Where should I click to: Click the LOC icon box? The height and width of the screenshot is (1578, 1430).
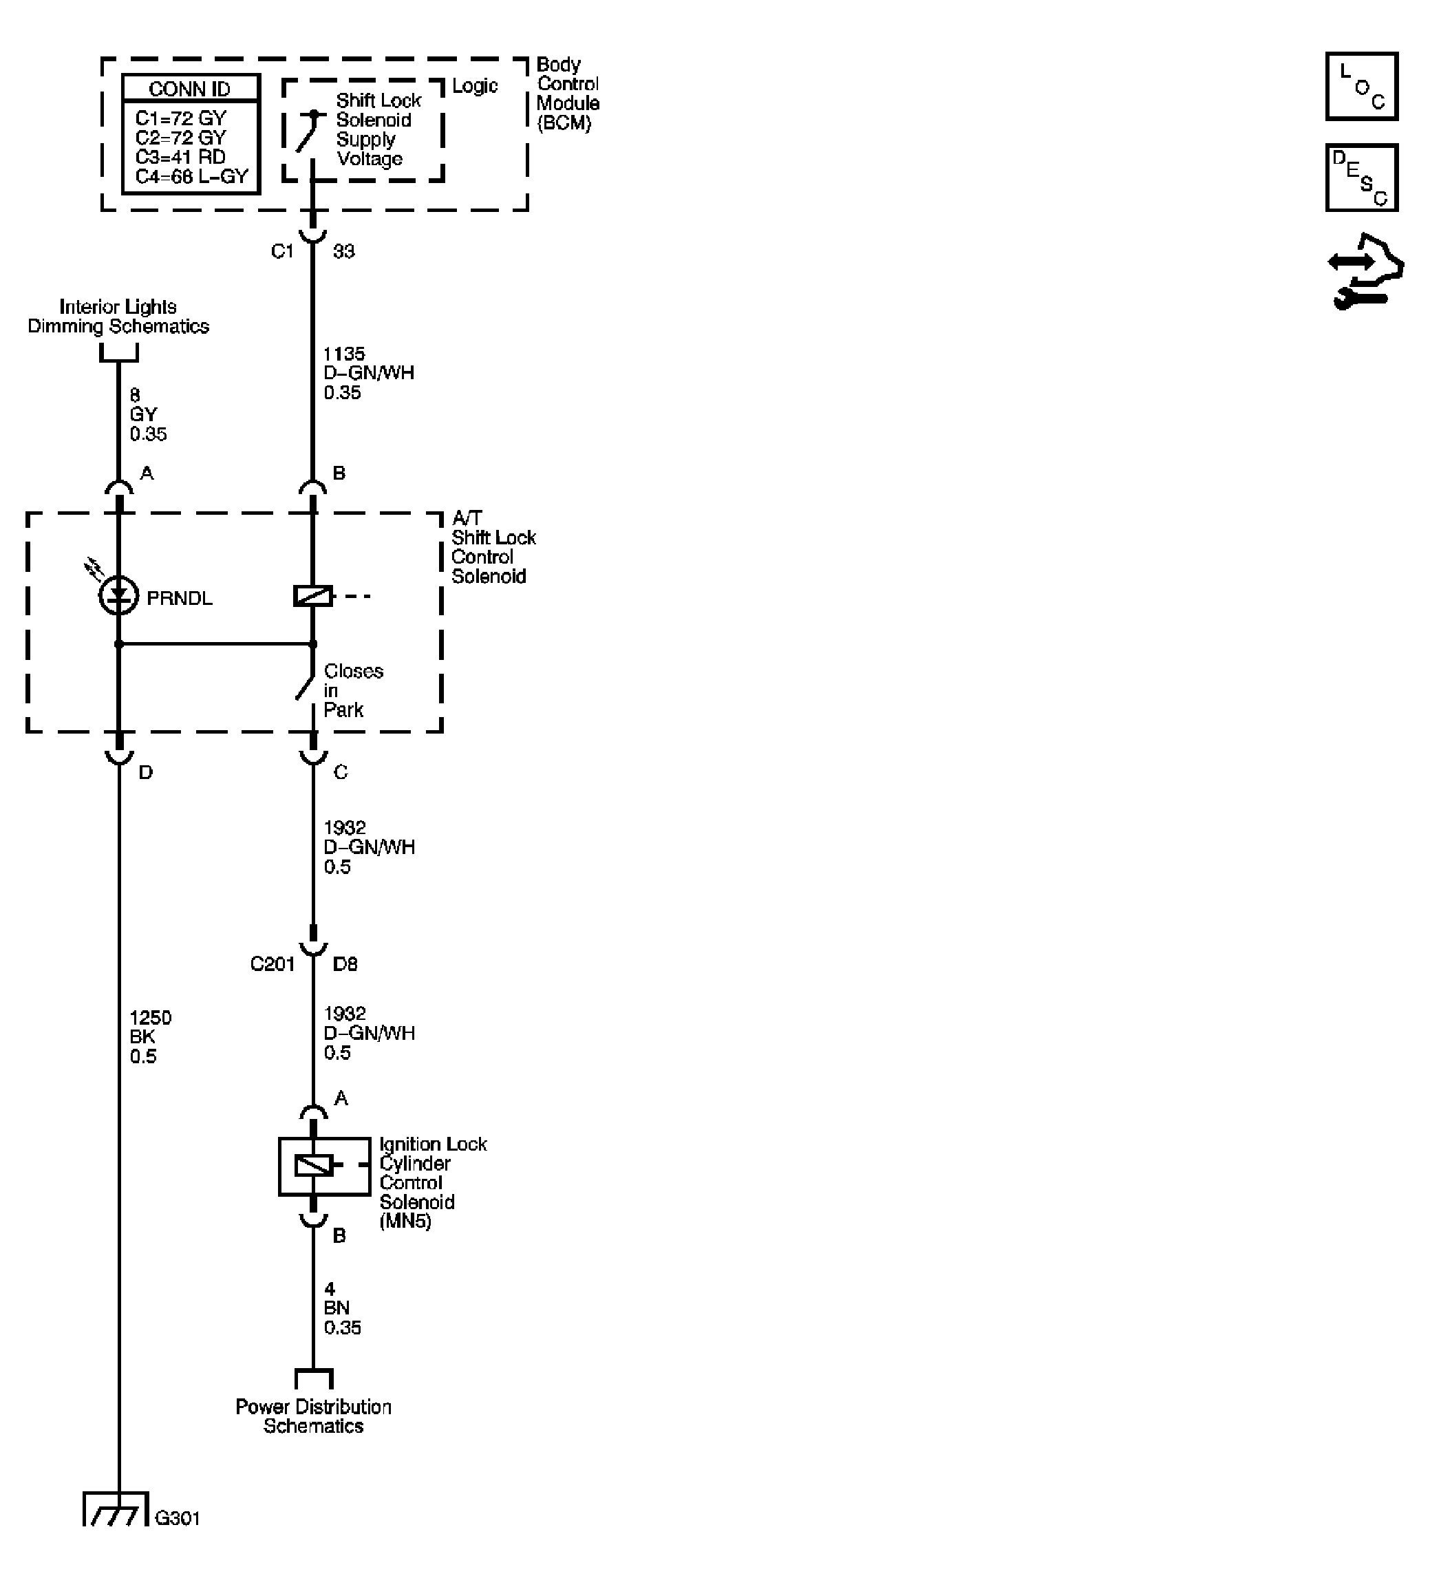point(1361,86)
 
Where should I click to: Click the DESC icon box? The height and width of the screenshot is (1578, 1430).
point(1361,178)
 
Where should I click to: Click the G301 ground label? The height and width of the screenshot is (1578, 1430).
point(178,1519)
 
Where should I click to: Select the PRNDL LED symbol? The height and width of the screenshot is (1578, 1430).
point(119,597)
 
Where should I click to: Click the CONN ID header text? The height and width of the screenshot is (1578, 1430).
point(189,89)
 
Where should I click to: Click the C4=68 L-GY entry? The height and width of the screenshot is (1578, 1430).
point(191,177)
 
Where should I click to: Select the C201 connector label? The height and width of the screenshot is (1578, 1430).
point(272,964)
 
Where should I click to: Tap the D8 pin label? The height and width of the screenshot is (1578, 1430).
point(345,964)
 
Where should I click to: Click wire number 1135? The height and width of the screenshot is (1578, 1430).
point(343,354)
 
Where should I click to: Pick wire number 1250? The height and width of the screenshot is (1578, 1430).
point(150,1018)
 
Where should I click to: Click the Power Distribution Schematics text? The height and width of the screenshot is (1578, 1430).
point(313,1416)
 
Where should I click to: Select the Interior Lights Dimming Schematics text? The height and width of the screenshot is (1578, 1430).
point(118,317)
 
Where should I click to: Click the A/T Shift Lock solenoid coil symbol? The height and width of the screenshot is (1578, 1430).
point(313,597)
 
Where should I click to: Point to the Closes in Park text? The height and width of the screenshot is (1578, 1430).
point(352,690)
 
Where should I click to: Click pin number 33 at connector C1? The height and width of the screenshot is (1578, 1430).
point(343,251)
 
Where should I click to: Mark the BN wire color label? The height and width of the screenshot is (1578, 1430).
point(337,1308)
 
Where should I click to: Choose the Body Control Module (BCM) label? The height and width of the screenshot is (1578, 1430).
point(568,94)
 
